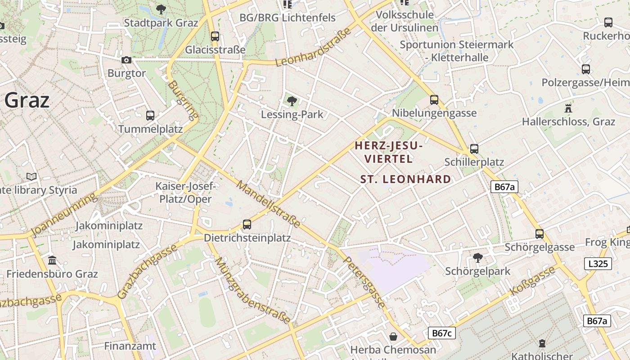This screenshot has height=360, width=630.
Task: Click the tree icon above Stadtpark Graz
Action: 161,9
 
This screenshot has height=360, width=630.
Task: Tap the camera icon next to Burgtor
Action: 126,60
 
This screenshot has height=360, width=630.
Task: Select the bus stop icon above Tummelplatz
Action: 150,116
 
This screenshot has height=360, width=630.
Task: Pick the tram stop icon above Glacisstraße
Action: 215,36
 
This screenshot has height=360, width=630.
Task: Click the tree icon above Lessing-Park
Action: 292,101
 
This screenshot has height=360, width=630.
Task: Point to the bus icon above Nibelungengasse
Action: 434,100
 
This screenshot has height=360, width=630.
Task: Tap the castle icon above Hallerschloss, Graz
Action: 568,108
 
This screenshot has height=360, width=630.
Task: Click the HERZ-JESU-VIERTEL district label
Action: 389,152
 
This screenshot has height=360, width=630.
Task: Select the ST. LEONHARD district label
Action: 405,179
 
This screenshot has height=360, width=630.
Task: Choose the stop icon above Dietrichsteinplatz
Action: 247,224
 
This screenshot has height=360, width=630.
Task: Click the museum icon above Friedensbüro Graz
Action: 52,261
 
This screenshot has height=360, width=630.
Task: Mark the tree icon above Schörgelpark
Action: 477,258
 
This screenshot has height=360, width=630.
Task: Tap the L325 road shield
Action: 598,264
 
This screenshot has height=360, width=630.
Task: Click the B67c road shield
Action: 441,333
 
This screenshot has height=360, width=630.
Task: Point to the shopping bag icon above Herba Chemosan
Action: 393,337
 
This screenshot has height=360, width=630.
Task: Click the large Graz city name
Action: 27,100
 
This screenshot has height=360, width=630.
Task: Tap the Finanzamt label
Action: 130,346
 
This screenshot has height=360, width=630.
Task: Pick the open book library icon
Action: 31,176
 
